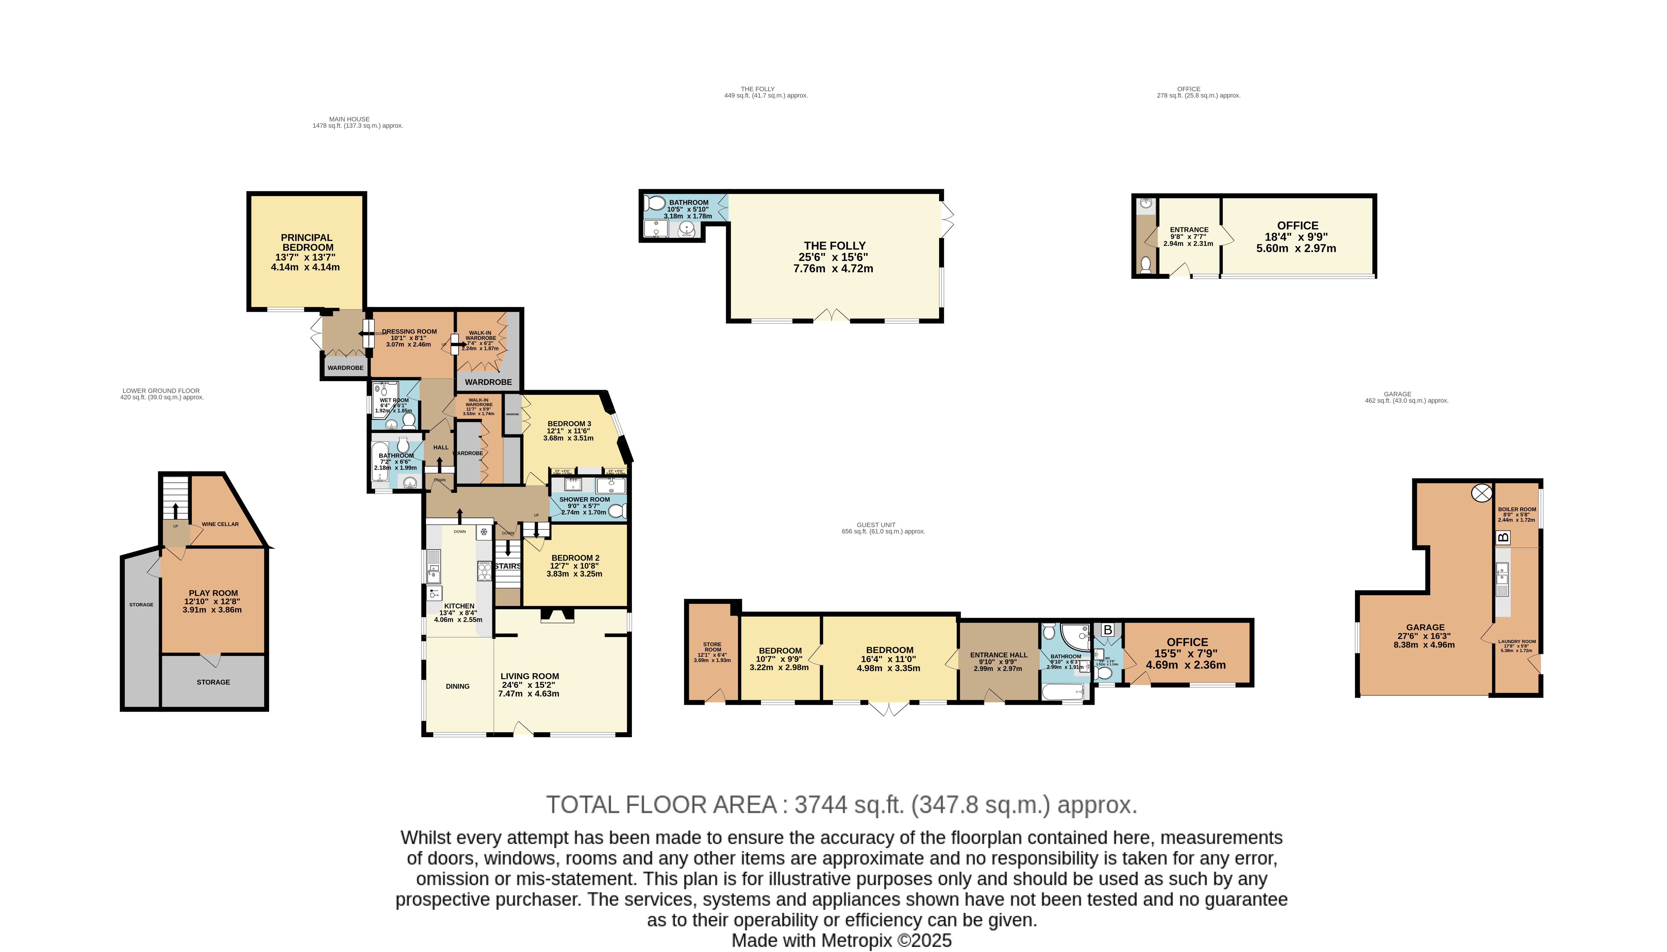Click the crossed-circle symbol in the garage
(1481, 493)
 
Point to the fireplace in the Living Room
(556, 615)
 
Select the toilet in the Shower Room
(616, 511)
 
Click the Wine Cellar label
(220, 524)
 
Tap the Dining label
(457, 686)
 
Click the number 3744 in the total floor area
(820, 804)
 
